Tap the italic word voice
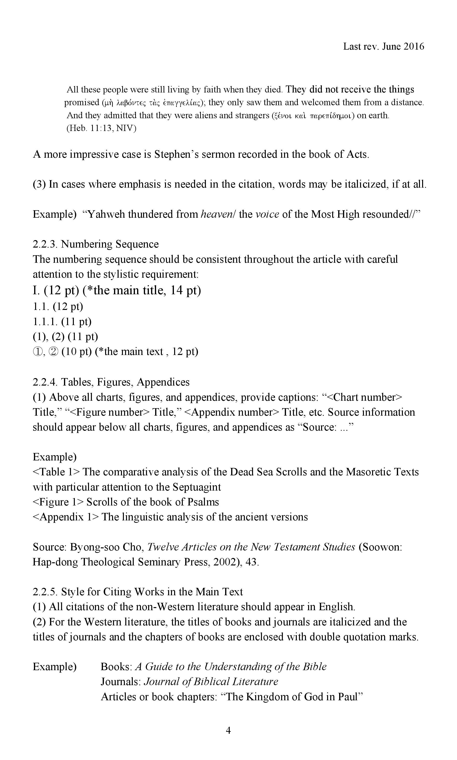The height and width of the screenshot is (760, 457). pyautogui.click(x=267, y=214)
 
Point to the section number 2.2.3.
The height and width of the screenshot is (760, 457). pyautogui.click(x=45, y=244)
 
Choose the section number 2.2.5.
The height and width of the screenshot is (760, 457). pyautogui.click(x=45, y=592)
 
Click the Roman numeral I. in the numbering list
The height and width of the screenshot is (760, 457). pyautogui.click(x=37, y=290)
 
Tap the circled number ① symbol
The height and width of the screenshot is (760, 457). pyautogui.click(x=37, y=352)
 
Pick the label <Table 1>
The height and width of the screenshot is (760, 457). pyautogui.click(x=56, y=472)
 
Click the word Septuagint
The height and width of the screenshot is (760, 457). pyautogui.click(x=197, y=487)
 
